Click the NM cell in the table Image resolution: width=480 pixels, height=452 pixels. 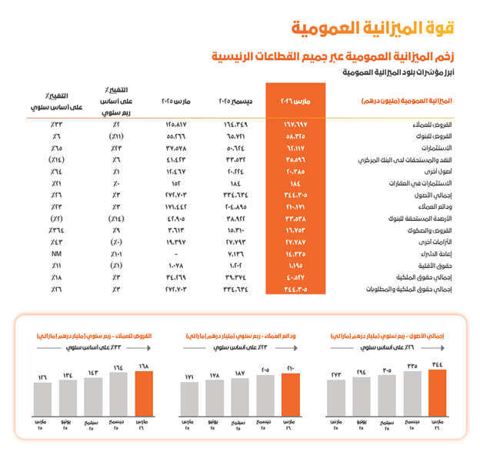(58, 253)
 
